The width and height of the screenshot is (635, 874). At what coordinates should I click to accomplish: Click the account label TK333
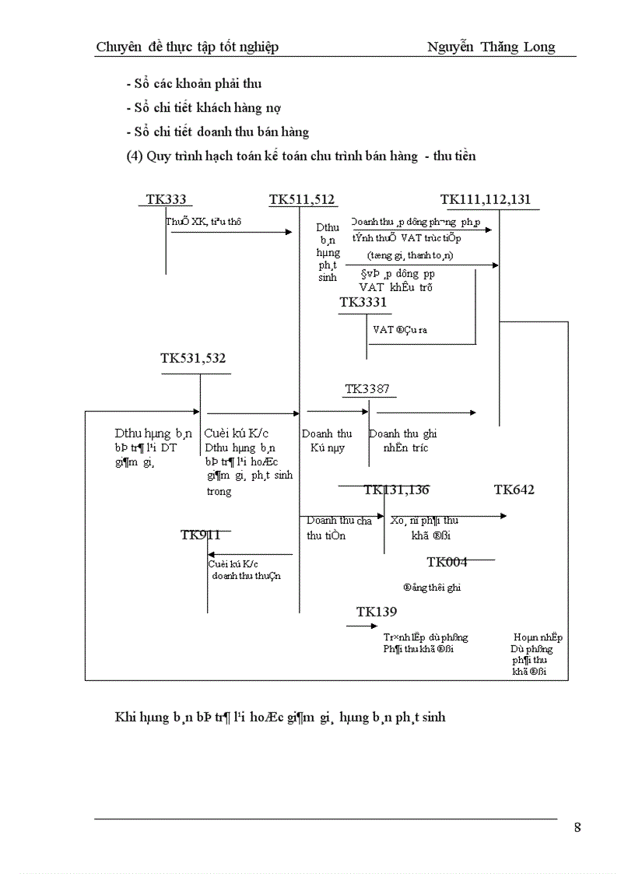[x=165, y=200]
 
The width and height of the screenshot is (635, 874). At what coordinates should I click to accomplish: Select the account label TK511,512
[x=302, y=200]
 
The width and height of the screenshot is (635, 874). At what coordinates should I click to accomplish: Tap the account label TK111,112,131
[x=486, y=199]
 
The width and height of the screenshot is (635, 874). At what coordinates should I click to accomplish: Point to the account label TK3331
[x=363, y=302]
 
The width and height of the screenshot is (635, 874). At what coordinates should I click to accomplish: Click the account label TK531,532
[x=193, y=359]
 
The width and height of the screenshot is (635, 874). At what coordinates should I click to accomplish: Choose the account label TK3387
[x=367, y=389]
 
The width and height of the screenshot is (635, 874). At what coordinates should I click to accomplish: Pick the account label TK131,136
[x=396, y=490]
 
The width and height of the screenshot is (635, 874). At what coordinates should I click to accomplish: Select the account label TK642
[x=514, y=490]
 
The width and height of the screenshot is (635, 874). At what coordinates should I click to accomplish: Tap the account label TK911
[x=201, y=535]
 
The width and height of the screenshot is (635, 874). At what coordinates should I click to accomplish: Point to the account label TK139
[x=377, y=612]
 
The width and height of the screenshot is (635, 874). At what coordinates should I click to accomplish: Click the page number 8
[x=577, y=827]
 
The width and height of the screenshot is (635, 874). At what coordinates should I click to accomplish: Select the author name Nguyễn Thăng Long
[x=491, y=47]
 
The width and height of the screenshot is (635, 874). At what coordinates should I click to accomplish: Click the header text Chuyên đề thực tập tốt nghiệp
[x=187, y=47]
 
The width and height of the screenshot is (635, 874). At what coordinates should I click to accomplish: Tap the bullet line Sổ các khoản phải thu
[x=198, y=83]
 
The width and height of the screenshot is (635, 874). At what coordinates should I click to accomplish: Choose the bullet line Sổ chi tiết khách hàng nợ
[x=203, y=107]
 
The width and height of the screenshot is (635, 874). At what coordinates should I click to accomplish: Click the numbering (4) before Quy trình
[x=135, y=156]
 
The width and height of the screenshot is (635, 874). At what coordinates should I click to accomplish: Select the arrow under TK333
[x=231, y=232]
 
